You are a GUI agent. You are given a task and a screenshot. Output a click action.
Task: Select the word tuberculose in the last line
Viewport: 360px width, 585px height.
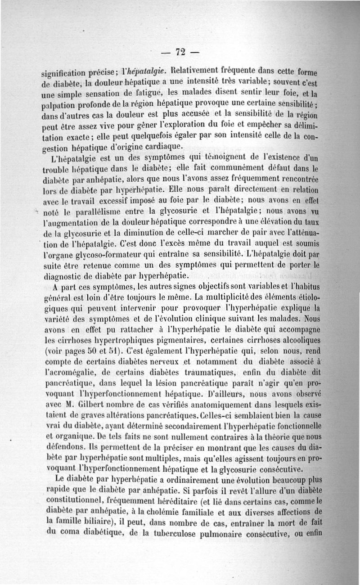click(156, 535)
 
